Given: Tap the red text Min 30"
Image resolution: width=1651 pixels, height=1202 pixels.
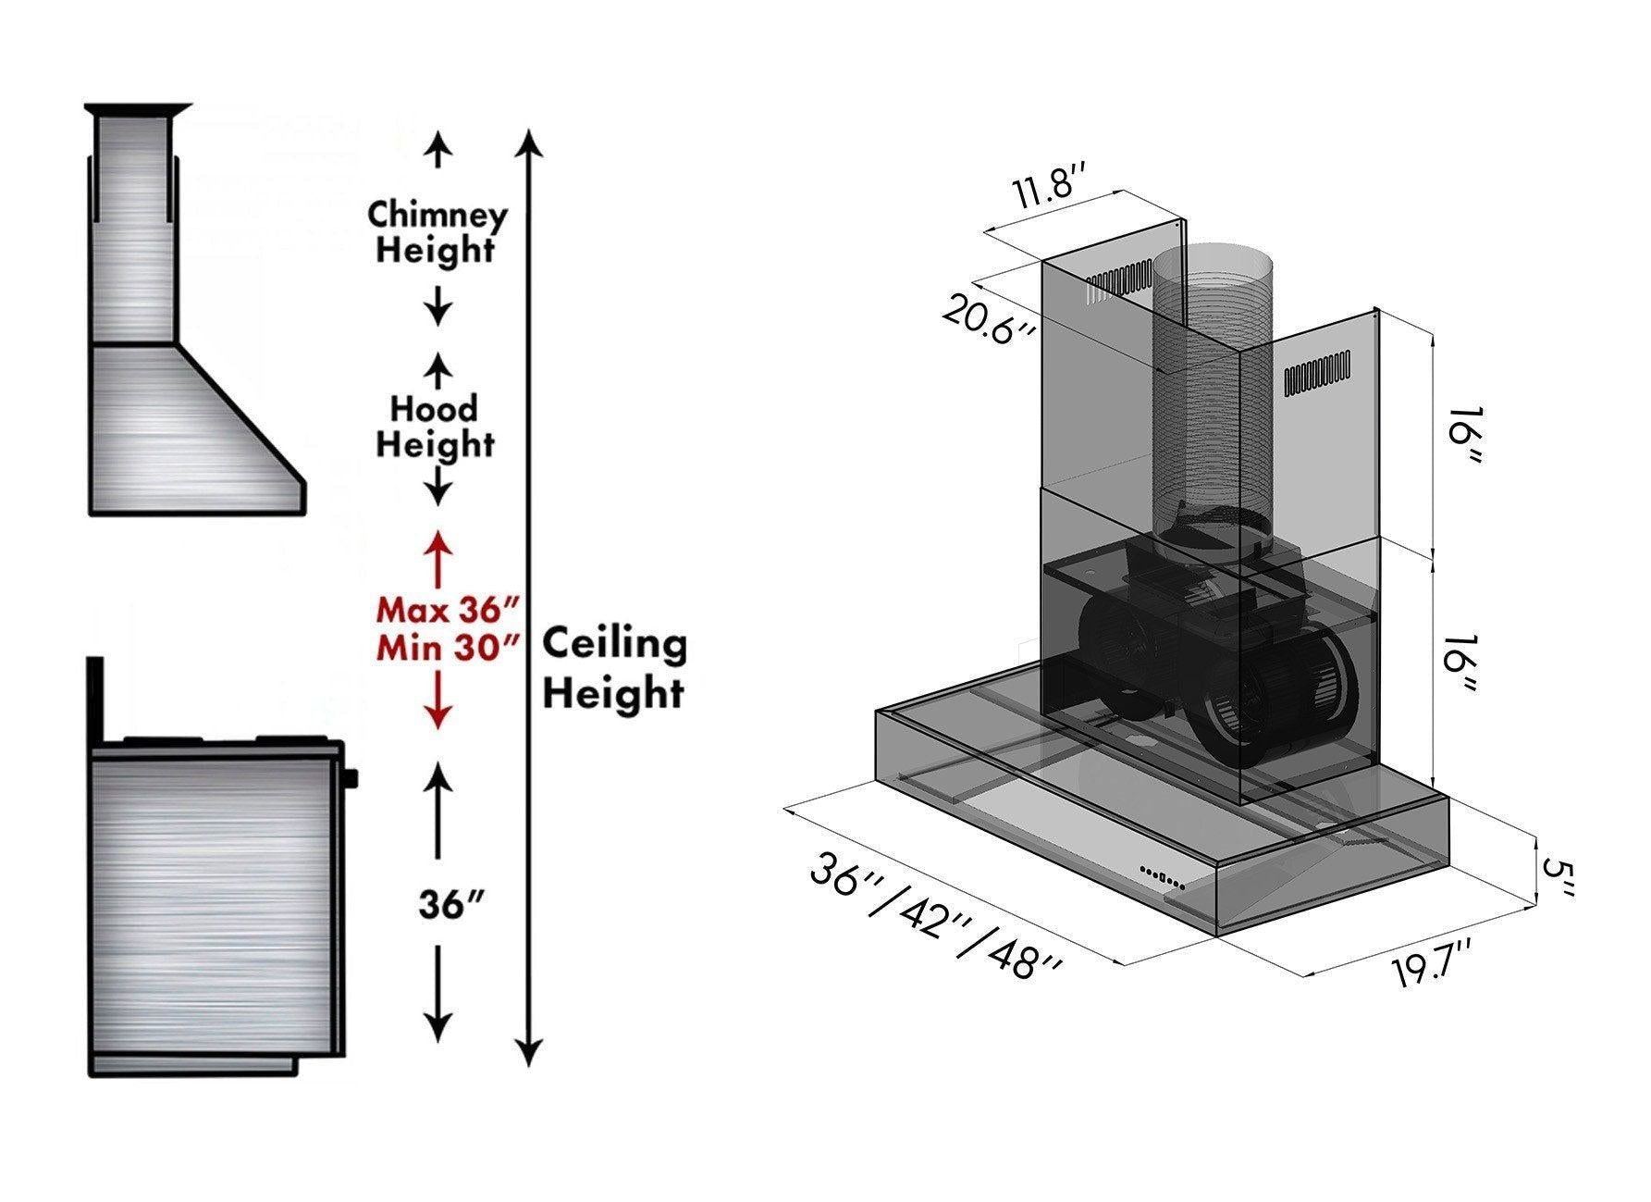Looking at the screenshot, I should coord(446,647).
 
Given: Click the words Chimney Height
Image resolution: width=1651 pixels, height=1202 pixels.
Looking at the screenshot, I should coord(437,232).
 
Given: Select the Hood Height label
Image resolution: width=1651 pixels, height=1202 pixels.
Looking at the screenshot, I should coord(434,426).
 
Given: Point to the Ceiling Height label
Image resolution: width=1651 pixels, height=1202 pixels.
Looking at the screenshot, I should coord(613,667).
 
